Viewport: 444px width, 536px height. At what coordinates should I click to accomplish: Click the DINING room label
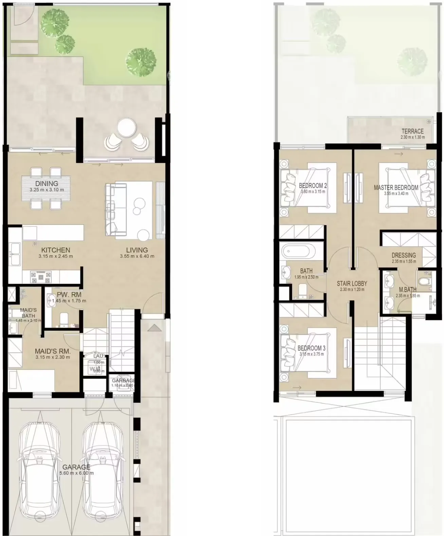tap(47, 184)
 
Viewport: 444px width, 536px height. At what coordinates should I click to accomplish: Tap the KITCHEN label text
tap(56, 250)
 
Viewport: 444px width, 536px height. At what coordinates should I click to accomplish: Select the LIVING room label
tap(137, 250)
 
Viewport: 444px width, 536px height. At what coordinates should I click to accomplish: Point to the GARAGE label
tap(76, 467)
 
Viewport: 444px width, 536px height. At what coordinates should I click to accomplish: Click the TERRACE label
tap(412, 131)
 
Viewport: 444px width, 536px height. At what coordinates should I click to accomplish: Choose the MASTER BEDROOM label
tap(396, 187)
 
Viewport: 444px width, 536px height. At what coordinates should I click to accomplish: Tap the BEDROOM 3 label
tap(311, 348)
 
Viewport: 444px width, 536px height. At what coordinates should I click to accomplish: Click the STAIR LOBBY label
tap(352, 283)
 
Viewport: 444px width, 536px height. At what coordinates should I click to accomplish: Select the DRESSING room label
tap(404, 255)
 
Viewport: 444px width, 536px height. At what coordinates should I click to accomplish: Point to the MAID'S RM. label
tap(53, 351)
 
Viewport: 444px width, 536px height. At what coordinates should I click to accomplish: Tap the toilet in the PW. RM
tap(64, 319)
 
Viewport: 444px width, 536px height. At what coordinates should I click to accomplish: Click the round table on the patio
tap(126, 128)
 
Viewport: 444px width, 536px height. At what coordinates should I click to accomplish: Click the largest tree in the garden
tap(141, 62)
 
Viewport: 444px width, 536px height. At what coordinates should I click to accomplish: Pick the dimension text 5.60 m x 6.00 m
tap(76, 473)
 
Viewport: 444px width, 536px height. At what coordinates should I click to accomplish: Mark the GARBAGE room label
tap(123, 381)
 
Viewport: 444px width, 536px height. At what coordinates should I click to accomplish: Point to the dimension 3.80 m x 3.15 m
tap(313, 192)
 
